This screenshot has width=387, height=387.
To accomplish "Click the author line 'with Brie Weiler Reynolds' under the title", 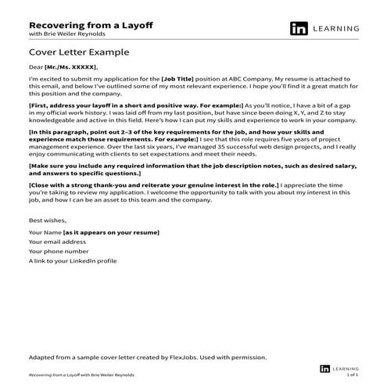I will pos(64,35).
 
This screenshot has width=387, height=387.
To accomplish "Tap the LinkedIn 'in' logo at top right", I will pos(298,29).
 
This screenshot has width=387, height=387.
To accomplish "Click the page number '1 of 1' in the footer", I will pos(351,374).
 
